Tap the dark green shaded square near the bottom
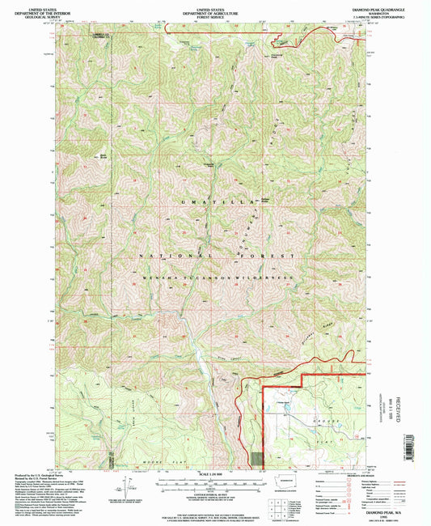(257, 457)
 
